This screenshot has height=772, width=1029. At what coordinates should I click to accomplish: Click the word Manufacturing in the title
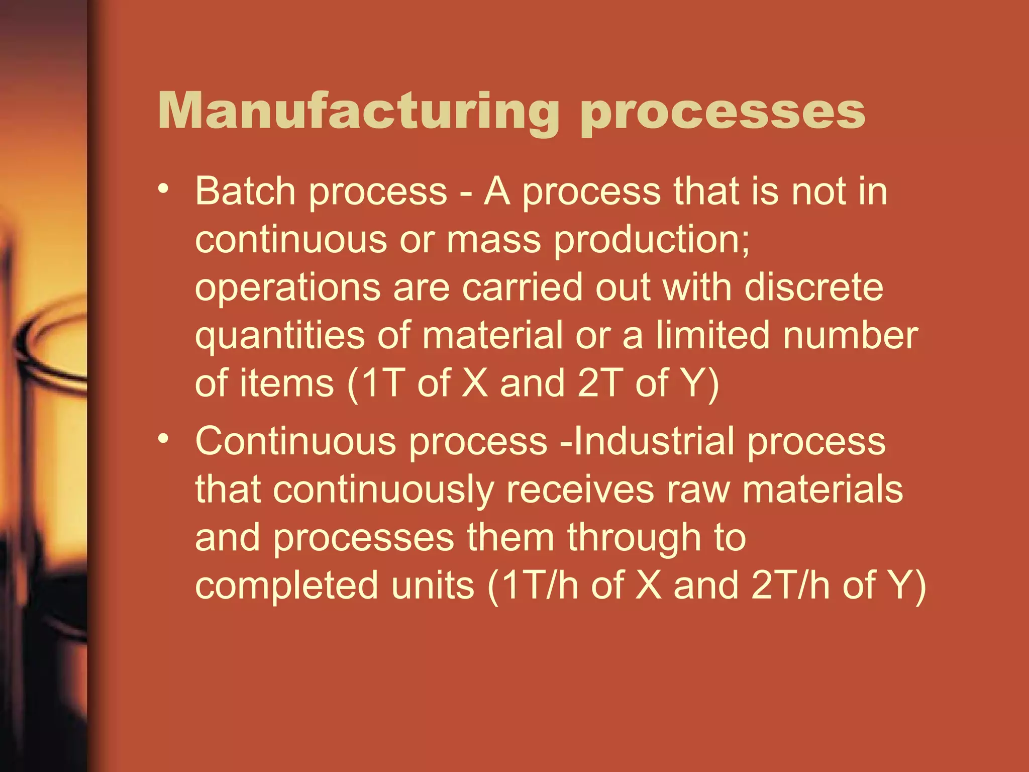358,112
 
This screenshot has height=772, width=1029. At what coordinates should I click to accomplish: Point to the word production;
652,240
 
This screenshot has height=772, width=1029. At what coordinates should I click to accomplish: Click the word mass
493,239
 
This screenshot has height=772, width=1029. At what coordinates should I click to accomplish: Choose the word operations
288,288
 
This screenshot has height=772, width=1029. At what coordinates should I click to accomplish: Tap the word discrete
813,287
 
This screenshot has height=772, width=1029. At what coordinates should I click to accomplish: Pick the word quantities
280,336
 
